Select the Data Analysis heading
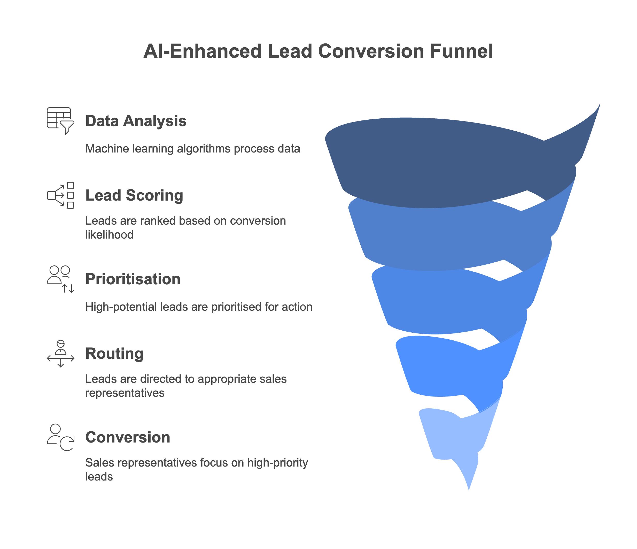pos(136,121)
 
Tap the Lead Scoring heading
pos(134,195)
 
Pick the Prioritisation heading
pos(133,279)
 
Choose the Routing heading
pos(114,353)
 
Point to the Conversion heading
pos(128,437)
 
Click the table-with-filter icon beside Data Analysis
pos(60,120)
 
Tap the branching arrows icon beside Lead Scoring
pos(60,195)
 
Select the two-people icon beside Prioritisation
pos(60,279)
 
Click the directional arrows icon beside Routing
pos(60,354)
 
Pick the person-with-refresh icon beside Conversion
pos(60,437)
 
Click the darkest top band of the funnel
pos(446,163)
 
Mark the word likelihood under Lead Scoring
pos(109,235)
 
